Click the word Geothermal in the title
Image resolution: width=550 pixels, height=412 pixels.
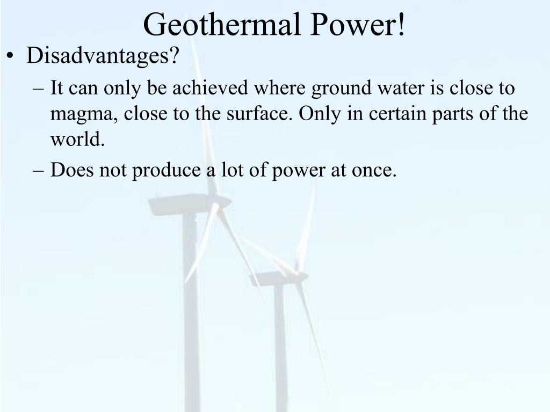tap(222, 25)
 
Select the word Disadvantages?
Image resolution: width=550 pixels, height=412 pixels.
tap(103, 55)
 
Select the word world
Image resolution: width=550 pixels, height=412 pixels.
tap(77, 139)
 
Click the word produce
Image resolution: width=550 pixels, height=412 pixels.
tap(167, 170)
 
